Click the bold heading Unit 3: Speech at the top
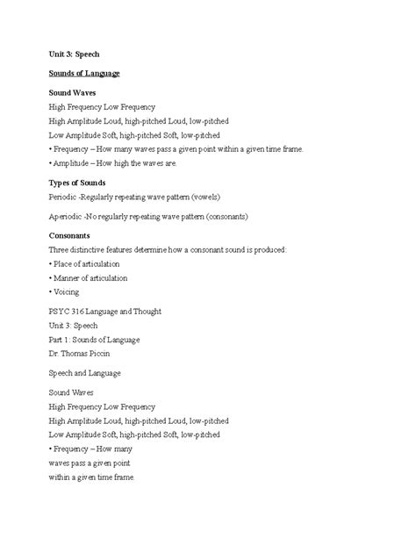75,53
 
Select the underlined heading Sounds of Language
84,73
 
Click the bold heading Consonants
75,235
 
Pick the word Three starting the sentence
59,250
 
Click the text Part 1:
64,339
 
